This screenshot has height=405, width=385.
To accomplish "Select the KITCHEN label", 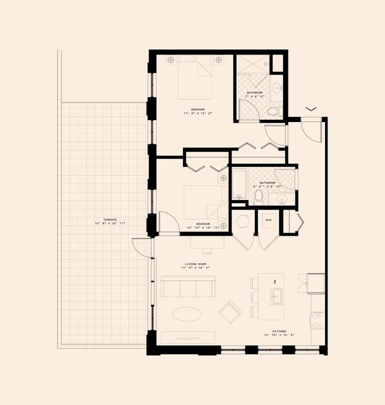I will coord(279,331).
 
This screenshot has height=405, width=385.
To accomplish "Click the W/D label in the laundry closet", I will coord(268,220).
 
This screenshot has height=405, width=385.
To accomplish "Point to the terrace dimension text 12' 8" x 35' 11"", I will coord(110,224).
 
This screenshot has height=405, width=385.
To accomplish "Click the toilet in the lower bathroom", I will coord(258,195).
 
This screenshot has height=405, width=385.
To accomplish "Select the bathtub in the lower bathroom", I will coord(238,184).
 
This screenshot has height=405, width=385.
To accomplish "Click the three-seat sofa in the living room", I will coord(187,287).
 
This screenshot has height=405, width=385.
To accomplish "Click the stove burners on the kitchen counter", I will coord(317,320).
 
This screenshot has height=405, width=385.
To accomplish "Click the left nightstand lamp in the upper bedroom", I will coord(171,60).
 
